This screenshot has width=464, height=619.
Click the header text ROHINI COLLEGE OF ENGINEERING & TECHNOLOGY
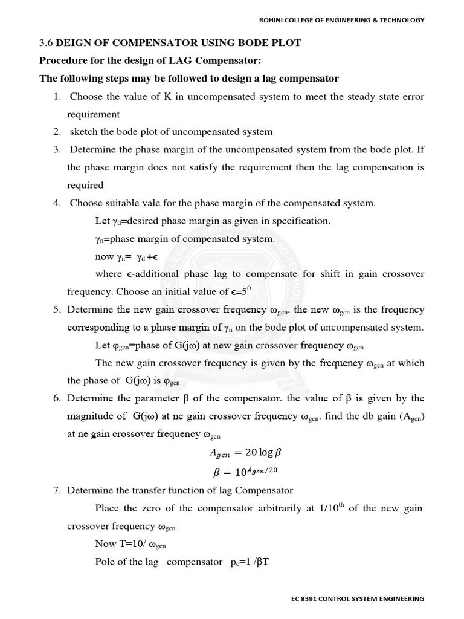[341, 20]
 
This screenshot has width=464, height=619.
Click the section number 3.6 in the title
[46, 44]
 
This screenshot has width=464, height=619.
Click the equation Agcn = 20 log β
[245, 453]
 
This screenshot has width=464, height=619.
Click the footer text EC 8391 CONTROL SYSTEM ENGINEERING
[357, 599]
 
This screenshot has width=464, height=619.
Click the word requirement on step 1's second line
[94, 114]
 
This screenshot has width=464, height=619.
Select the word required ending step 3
[85, 185]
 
